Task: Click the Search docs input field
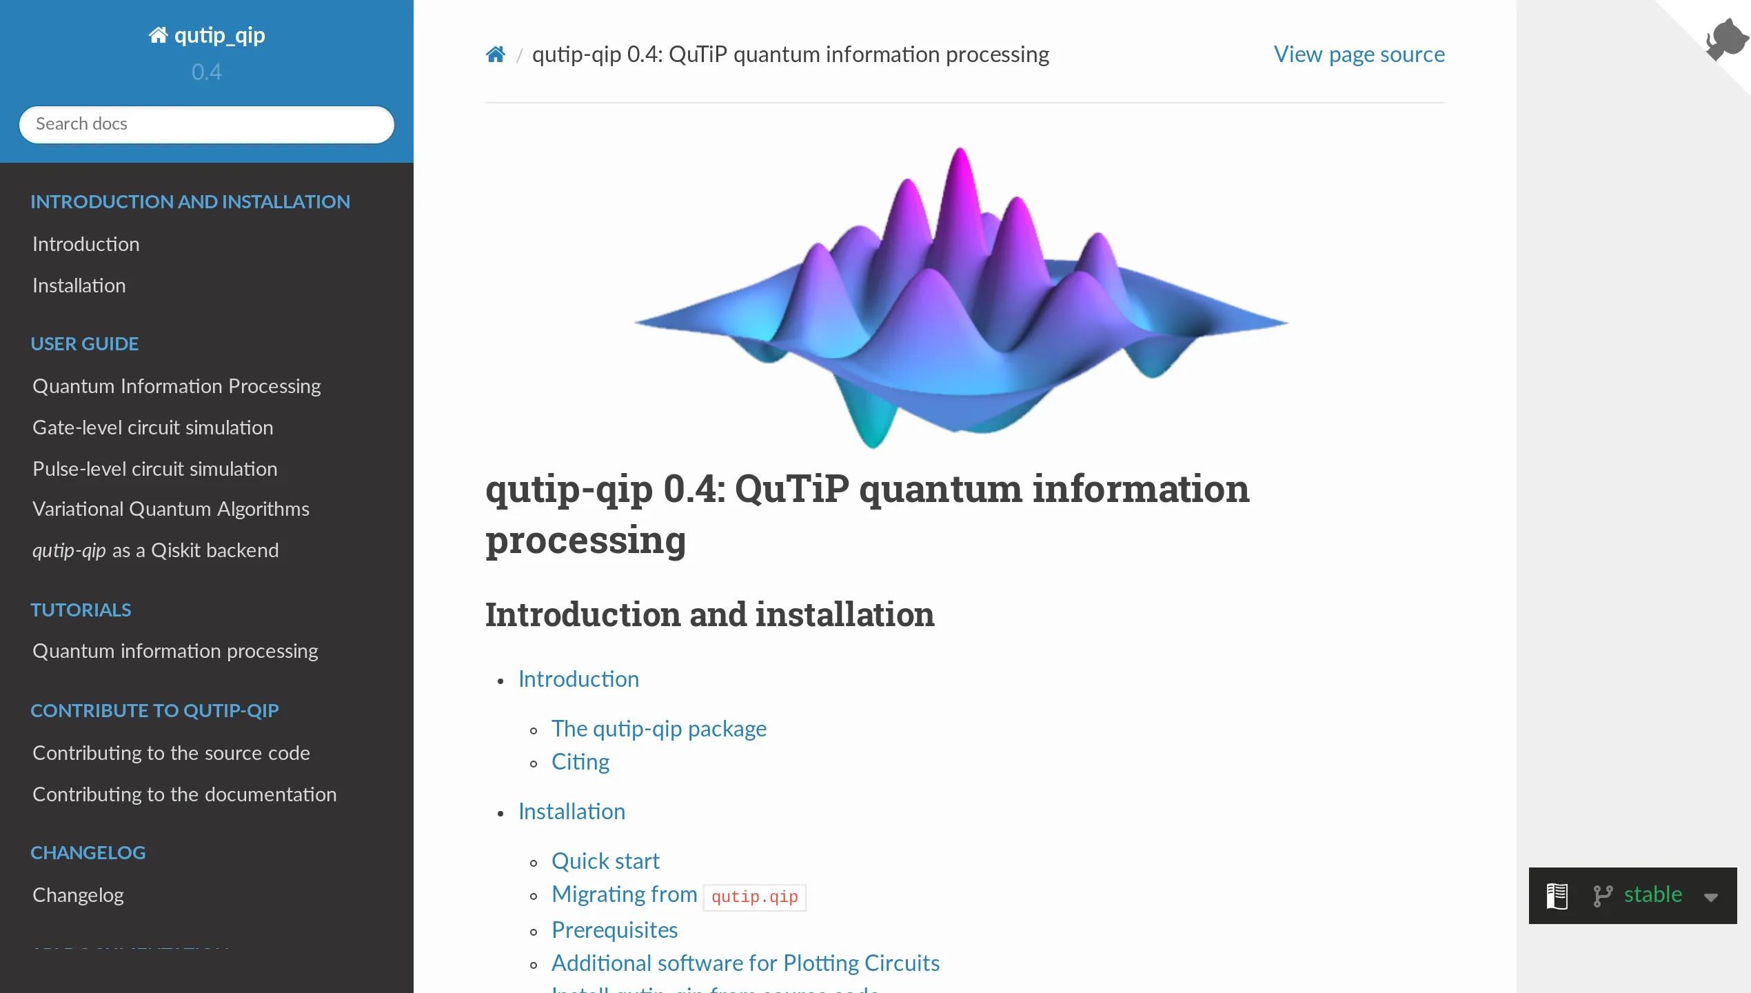(206, 124)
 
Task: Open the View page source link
(1359, 54)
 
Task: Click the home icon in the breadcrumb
(495, 54)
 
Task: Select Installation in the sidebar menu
(79, 285)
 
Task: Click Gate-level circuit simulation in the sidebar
(152, 428)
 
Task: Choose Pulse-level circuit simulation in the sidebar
(154, 469)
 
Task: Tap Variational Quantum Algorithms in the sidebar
(170, 509)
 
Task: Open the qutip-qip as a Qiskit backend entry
(155, 550)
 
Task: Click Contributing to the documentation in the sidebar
(184, 794)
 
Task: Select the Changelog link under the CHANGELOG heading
(78, 895)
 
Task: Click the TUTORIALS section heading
(81, 610)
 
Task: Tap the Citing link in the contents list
(580, 762)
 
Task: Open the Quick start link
(605, 861)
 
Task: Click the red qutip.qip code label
(754, 896)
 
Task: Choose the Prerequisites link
(614, 930)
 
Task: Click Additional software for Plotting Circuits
(745, 963)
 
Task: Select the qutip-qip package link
(658, 729)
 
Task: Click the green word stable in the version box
(1652, 895)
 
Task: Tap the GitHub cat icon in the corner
(1727, 38)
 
